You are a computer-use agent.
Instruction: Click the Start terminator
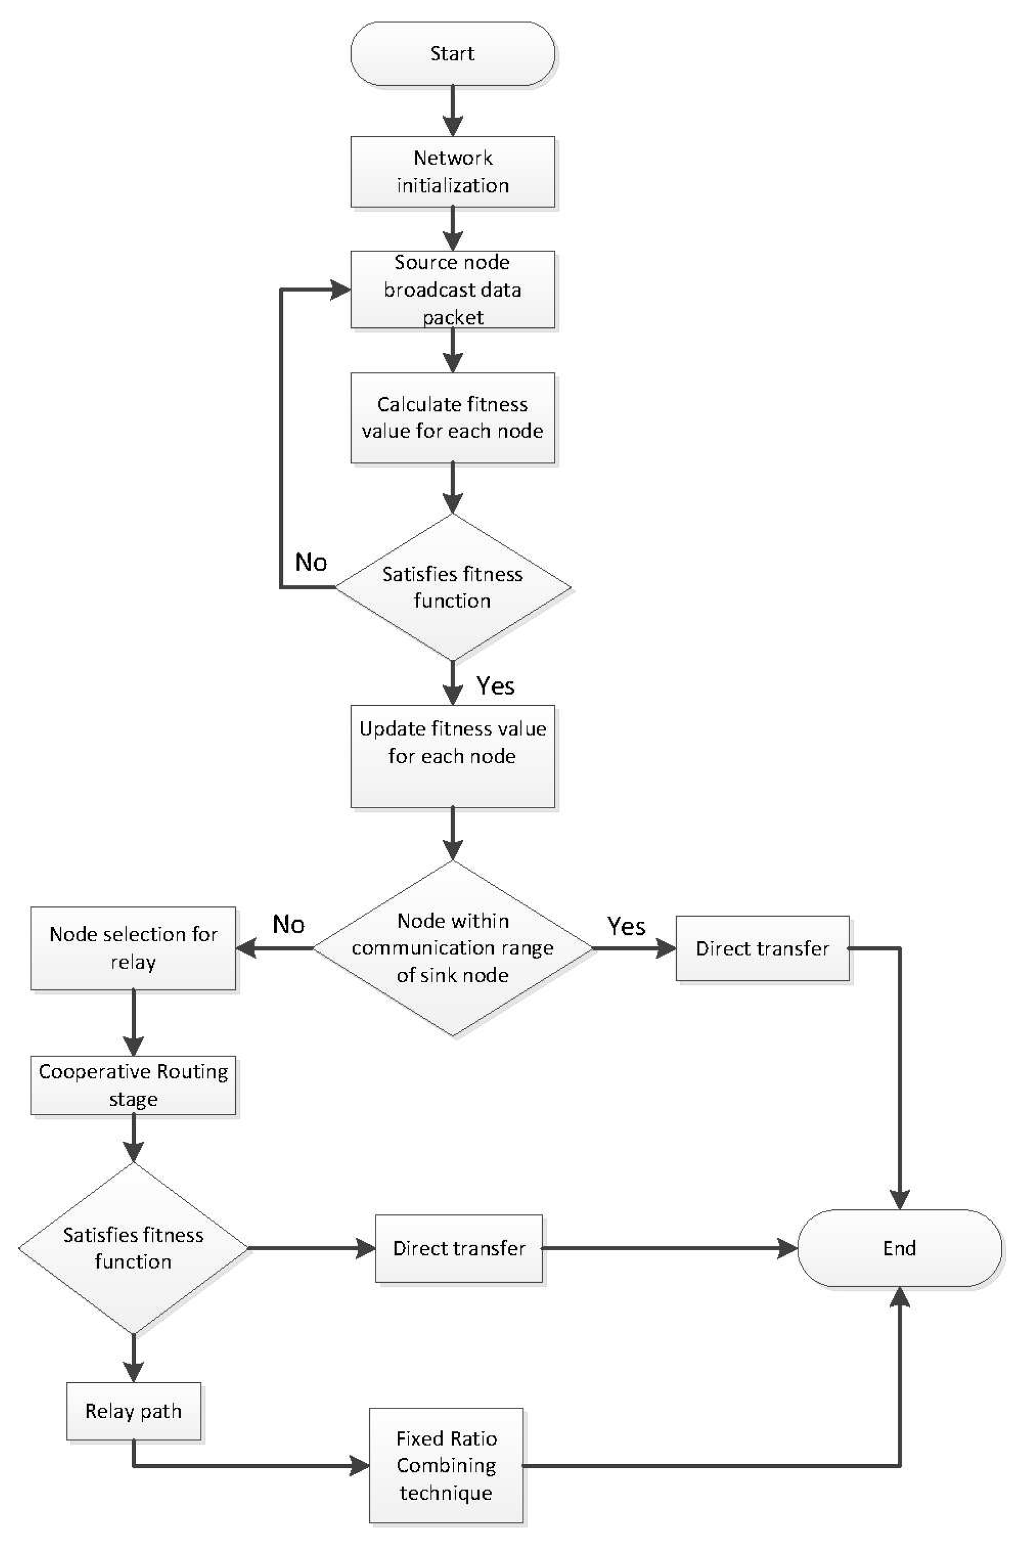[x=453, y=53]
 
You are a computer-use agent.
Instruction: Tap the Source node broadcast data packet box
[x=453, y=289]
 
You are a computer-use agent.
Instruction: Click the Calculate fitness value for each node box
[x=453, y=418]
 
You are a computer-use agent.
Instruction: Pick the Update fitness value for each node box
[x=453, y=755]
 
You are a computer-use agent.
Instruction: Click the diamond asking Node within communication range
[x=453, y=948]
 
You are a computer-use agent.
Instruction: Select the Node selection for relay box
[x=133, y=948]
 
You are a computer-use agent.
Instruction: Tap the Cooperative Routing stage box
[x=133, y=1085]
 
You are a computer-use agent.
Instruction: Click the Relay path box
[x=133, y=1411]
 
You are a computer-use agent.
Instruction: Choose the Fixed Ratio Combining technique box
[x=446, y=1465]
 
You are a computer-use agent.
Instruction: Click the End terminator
[x=899, y=1248]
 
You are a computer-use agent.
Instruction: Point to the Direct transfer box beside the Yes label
[x=762, y=949]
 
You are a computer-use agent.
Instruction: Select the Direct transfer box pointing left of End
[x=459, y=1248]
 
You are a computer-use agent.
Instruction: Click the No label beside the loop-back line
[x=311, y=562]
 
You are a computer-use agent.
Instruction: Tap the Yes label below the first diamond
[x=495, y=685]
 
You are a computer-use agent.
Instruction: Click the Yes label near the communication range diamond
[x=626, y=926]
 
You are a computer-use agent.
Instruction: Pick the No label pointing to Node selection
[x=288, y=924]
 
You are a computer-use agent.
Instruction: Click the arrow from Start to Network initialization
[x=453, y=111]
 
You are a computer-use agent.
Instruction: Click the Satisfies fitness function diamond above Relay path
[x=133, y=1248]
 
